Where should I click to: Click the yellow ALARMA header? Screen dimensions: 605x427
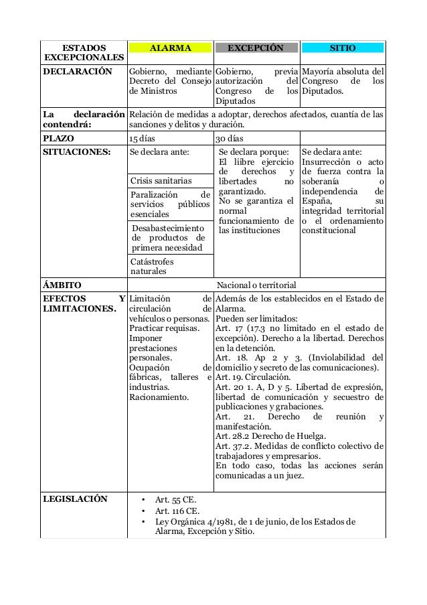pos(170,48)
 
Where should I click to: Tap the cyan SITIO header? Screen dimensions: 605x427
pos(342,48)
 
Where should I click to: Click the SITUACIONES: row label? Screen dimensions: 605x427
pos(76,152)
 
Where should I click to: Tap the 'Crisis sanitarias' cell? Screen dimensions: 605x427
pos(161,181)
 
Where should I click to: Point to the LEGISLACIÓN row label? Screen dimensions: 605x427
pos(75,499)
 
